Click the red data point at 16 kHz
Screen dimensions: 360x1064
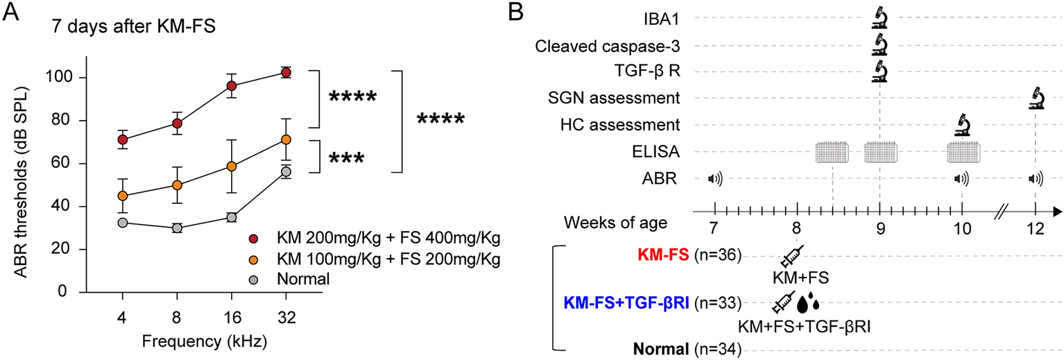232,85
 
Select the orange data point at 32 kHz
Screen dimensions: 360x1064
285,139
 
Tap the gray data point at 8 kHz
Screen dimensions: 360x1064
177,228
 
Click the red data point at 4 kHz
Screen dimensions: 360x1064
123,139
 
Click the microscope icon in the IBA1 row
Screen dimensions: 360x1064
879,17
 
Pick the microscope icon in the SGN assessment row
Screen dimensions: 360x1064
1036,98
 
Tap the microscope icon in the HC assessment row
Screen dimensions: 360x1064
962,125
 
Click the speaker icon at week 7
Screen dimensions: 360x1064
714,179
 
